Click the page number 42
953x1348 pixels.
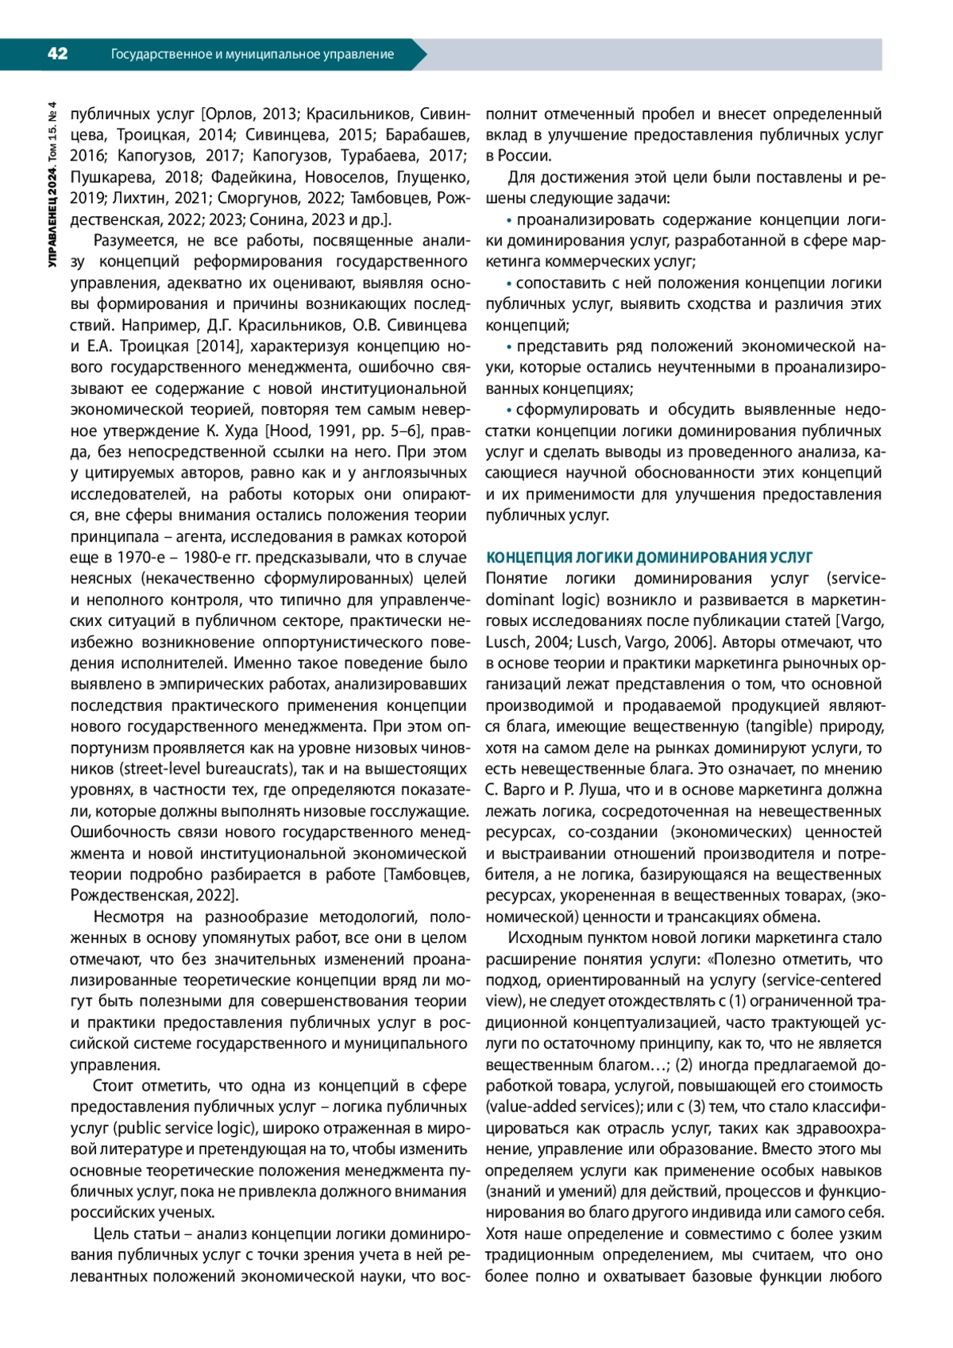pyautogui.click(x=57, y=54)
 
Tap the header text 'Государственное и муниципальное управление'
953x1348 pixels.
pyautogui.click(x=252, y=55)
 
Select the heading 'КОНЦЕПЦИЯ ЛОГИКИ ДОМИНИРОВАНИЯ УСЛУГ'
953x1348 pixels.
pyautogui.click(x=649, y=558)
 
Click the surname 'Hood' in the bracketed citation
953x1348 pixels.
pyautogui.click(x=290, y=431)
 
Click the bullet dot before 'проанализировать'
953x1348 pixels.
pyautogui.click(x=510, y=220)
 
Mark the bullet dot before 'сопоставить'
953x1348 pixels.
pyautogui.click(x=510, y=284)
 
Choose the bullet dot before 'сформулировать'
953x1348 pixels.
pyautogui.click(x=510, y=410)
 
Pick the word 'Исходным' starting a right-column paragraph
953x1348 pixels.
pyautogui.click(x=542, y=938)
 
